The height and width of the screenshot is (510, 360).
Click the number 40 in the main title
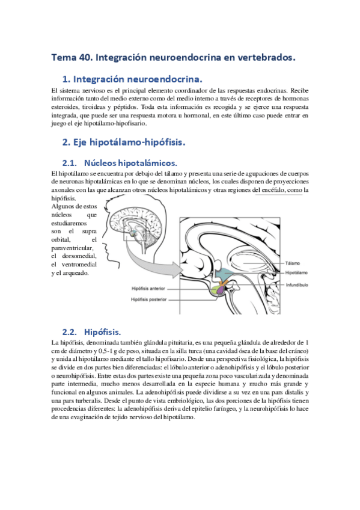tap(87, 58)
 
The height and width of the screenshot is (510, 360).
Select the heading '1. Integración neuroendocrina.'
tap(132, 79)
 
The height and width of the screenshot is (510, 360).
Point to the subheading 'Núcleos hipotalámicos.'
tap(131, 163)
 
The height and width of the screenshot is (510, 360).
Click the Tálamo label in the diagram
tap(293, 263)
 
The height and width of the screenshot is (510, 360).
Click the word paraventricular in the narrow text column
tap(74, 247)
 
